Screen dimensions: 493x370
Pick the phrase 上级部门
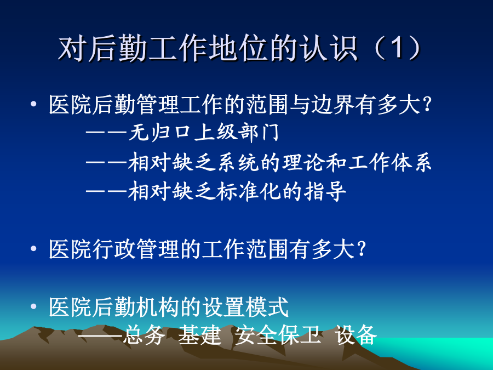pos(237,132)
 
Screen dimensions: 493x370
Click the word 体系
pos(411,163)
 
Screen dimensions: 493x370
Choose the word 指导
pos(325,191)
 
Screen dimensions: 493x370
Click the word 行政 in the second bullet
pos(114,249)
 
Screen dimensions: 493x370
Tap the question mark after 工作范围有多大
pos(362,248)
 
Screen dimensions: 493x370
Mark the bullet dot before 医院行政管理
pos(33,249)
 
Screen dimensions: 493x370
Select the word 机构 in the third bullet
pos(158,307)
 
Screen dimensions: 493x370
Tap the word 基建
pos(199,335)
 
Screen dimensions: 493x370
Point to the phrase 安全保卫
pos(278,335)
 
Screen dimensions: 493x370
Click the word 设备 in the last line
pos(356,335)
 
